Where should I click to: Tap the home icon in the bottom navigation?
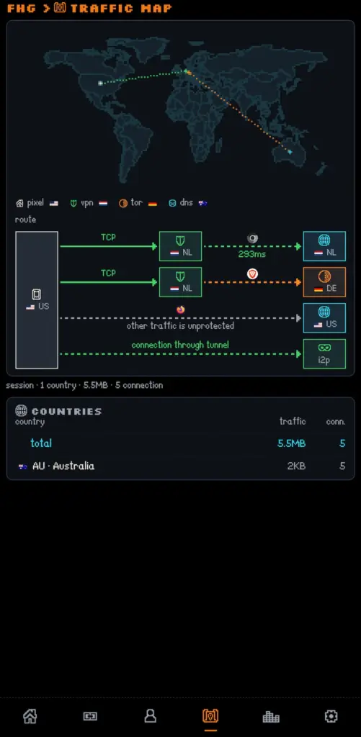(x=30, y=716)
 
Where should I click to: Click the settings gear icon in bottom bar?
(x=331, y=716)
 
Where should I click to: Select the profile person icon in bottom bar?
(x=150, y=716)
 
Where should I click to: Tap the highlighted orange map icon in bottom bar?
(x=210, y=716)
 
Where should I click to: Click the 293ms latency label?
(x=251, y=254)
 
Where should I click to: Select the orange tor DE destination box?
(x=324, y=282)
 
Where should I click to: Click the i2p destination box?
(x=324, y=354)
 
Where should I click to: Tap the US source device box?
(x=37, y=300)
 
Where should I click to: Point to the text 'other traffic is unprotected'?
(x=180, y=326)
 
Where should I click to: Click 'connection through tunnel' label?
(x=180, y=345)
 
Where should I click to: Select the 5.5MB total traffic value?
(x=291, y=443)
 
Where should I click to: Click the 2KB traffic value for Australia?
(x=297, y=466)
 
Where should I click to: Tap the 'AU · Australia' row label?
(x=63, y=466)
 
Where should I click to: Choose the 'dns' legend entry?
(x=188, y=203)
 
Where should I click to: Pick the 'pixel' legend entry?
(x=37, y=203)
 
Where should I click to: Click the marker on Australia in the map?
(x=290, y=152)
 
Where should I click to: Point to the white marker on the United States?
(x=100, y=83)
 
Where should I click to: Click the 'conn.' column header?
(x=336, y=422)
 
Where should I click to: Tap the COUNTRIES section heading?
(x=66, y=411)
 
